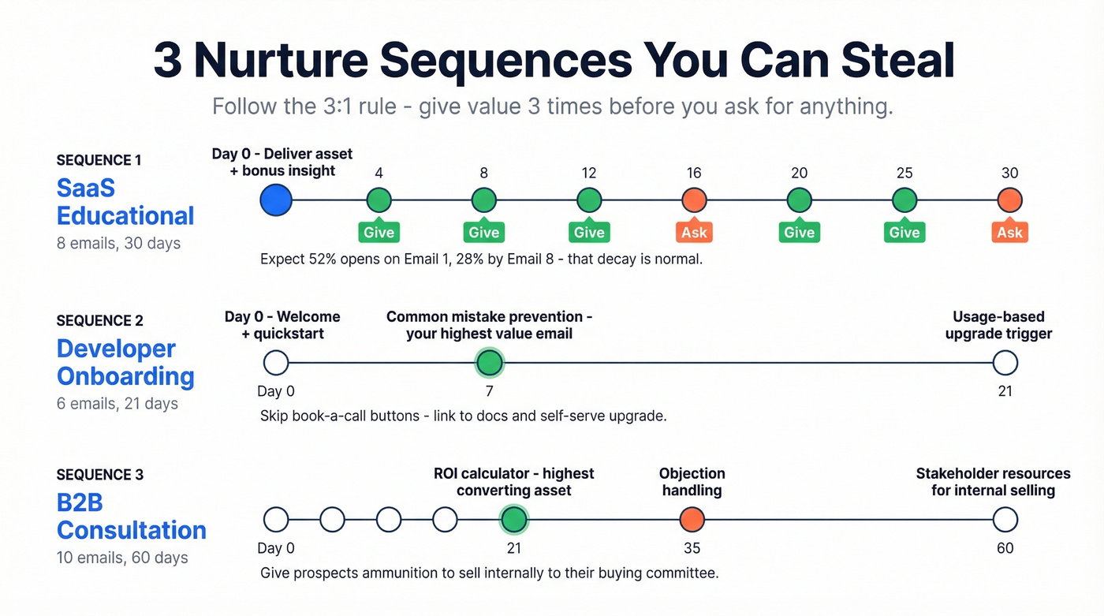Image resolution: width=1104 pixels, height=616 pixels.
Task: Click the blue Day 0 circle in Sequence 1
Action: click(276, 200)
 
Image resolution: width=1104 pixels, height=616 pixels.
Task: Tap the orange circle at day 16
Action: click(694, 200)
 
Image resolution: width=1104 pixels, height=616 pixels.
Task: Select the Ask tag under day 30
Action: click(1009, 232)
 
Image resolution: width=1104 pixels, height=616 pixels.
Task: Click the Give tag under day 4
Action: click(379, 232)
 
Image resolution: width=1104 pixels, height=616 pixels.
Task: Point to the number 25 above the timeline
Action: click(904, 174)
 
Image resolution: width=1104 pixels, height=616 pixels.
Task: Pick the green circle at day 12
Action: click(589, 200)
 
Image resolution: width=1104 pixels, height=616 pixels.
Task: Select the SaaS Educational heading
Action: click(125, 202)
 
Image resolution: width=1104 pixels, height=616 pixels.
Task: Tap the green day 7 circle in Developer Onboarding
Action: click(490, 363)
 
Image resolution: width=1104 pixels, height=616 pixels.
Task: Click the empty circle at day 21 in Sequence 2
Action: click(1005, 363)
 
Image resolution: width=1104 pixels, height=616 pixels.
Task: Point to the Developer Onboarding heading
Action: click(125, 362)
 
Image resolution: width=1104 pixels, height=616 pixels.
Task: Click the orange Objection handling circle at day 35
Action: click(692, 520)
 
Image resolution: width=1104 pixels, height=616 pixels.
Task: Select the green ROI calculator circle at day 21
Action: click(514, 520)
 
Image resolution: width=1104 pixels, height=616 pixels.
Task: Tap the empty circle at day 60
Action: click(1005, 520)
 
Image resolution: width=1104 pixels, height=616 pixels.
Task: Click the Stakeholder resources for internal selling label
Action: click(993, 482)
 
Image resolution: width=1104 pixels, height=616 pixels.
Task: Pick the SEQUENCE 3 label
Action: click(100, 475)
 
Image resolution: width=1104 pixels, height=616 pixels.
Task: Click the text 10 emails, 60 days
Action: click(122, 558)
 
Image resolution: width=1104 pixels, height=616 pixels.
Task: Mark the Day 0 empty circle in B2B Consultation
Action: click(276, 520)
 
